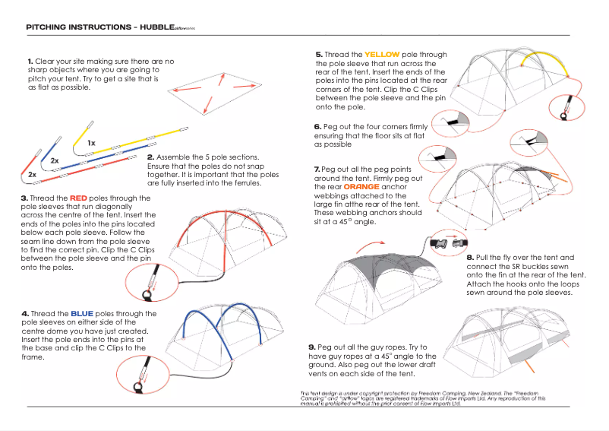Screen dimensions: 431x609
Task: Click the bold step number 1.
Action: tap(30, 61)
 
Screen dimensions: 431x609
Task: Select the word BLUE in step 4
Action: tap(81, 313)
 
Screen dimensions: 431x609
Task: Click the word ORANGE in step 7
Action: tap(361, 186)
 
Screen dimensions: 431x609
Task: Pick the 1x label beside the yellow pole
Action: tap(91, 142)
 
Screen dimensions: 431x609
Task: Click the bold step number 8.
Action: tap(470, 258)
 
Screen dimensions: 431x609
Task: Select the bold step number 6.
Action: tap(317, 127)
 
